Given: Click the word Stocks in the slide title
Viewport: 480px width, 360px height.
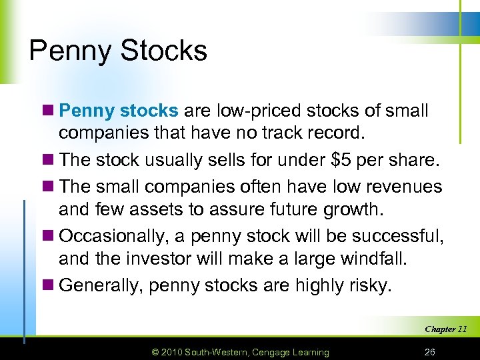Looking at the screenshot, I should tap(165, 51).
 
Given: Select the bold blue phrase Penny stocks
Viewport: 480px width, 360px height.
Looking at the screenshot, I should tap(119, 111).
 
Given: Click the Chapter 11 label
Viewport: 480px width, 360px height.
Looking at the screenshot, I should tap(445, 329).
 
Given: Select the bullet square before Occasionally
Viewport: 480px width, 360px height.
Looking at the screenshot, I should tap(51, 237).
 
